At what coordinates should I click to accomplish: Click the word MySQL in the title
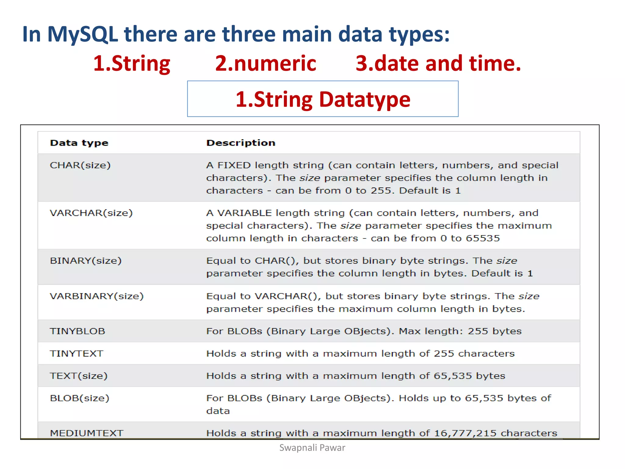pyautogui.click(x=82, y=34)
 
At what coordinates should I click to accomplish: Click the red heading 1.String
pyautogui.click(x=132, y=64)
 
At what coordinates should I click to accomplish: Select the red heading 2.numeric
pyautogui.click(x=266, y=64)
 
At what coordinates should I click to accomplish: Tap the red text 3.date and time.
pyautogui.click(x=438, y=64)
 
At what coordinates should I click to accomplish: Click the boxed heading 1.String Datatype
pyautogui.click(x=323, y=99)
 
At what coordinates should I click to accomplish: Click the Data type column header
pyautogui.click(x=79, y=143)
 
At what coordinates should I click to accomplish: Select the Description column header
pyautogui.click(x=241, y=143)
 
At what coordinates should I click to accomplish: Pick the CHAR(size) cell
pyautogui.click(x=80, y=165)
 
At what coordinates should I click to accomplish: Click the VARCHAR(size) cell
pyautogui.click(x=91, y=213)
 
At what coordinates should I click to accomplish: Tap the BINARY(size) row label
pyautogui.click(x=85, y=260)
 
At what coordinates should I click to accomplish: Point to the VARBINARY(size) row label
pyautogui.click(x=96, y=296)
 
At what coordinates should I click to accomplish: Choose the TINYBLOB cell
pyautogui.click(x=77, y=331)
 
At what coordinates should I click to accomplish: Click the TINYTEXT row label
pyautogui.click(x=76, y=353)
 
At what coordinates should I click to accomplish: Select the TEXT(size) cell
pyautogui.click(x=78, y=376)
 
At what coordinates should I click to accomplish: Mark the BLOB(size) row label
pyautogui.click(x=79, y=398)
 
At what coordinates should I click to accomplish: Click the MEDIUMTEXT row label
pyautogui.click(x=86, y=433)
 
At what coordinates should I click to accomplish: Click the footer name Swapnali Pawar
pyautogui.click(x=312, y=448)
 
